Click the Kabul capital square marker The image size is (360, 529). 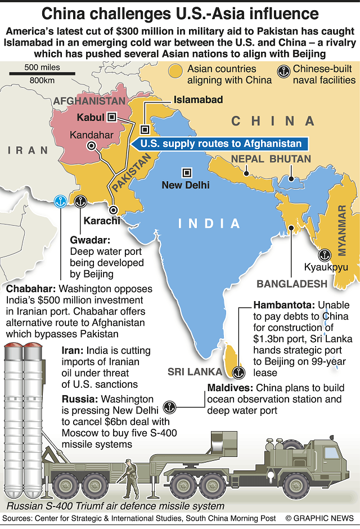[x=112, y=116]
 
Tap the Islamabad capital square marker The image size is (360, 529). [x=144, y=128]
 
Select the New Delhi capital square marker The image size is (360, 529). [x=185, y=172]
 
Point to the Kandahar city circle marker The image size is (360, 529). [x=91, y=145]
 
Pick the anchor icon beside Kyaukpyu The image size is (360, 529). [x=326, y=254]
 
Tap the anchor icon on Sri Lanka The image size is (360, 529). [x=238, y=372]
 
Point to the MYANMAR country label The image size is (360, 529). [x=342, y=231]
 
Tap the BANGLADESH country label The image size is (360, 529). [x=291, y=283]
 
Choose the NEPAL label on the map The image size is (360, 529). [x=247, y=159]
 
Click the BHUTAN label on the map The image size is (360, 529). [x=290, y=159]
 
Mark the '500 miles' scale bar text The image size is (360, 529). [x=42, y=68]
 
